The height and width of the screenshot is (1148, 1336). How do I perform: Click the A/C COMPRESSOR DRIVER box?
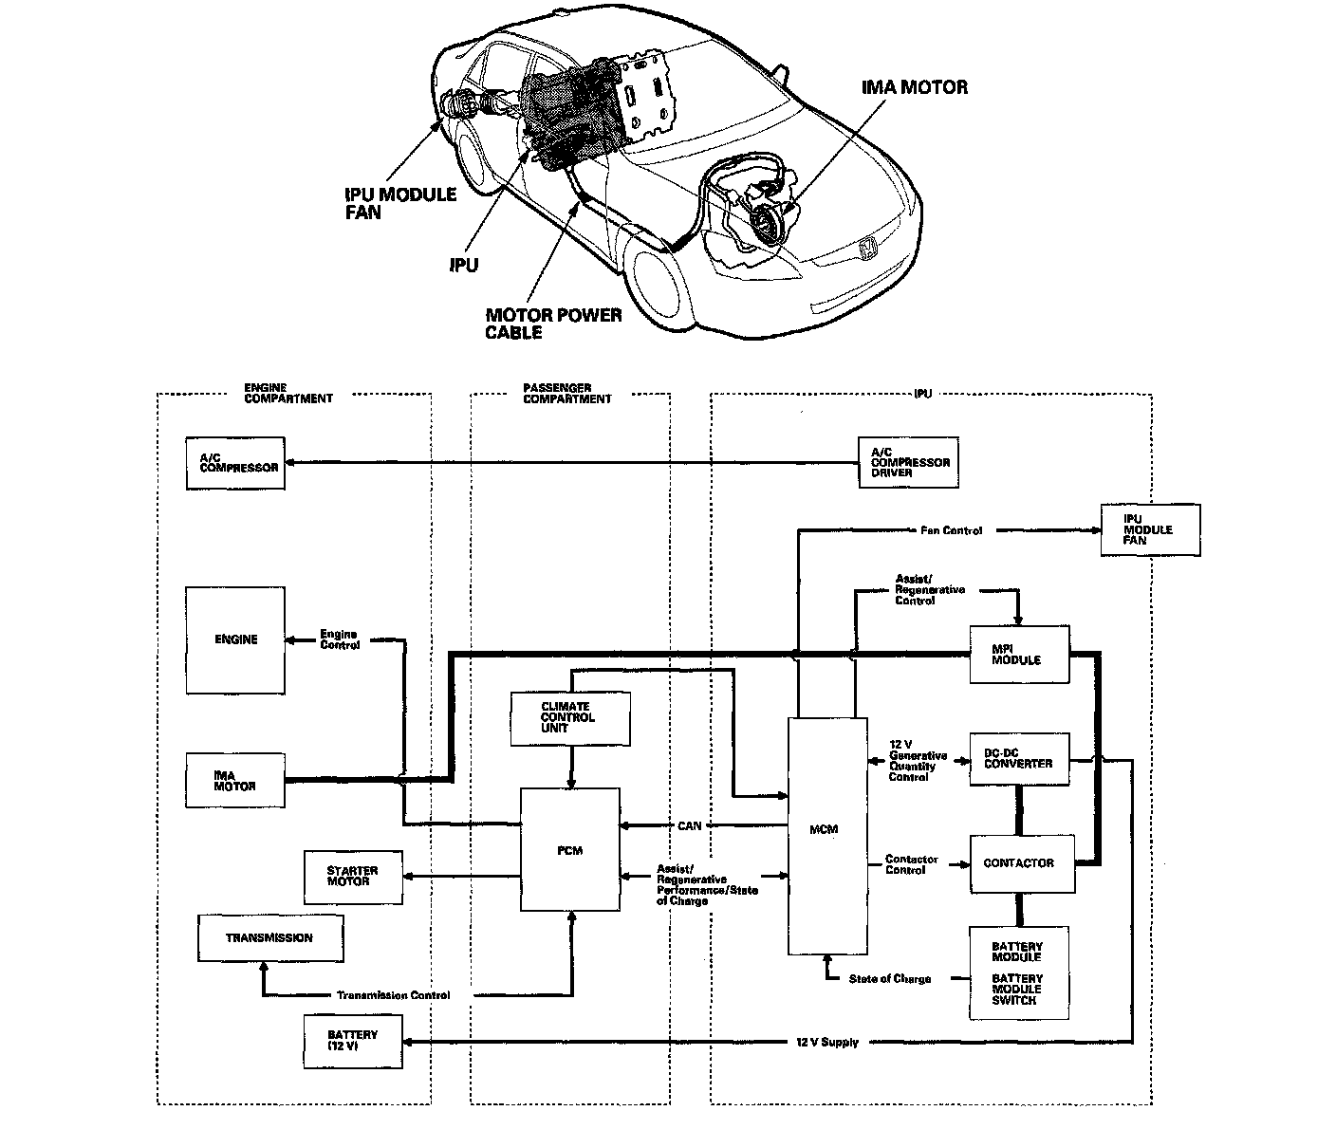907,462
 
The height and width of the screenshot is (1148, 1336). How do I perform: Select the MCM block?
826,835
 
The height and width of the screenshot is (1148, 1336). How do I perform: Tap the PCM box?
569,850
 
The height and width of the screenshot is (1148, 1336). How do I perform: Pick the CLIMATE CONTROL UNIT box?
569,718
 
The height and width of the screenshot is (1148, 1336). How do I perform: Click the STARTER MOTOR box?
352,877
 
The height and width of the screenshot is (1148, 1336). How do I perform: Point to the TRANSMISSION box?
269,938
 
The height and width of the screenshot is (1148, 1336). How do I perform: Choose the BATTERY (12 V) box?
352,1041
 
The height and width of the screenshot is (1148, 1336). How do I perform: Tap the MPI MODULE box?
1019,654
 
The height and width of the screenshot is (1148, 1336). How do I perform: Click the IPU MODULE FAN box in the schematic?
1149,529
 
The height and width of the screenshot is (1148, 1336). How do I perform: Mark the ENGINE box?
235,639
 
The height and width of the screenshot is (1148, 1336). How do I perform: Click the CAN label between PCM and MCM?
690,825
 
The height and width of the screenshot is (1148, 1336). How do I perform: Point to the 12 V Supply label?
826,1042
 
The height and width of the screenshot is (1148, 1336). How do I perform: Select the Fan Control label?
951,530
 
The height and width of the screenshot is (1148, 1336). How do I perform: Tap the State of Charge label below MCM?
890,978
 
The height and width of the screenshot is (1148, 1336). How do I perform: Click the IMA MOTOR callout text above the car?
914,87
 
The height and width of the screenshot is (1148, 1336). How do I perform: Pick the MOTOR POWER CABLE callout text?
553,324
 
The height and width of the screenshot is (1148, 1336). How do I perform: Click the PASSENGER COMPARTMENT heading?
567,393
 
